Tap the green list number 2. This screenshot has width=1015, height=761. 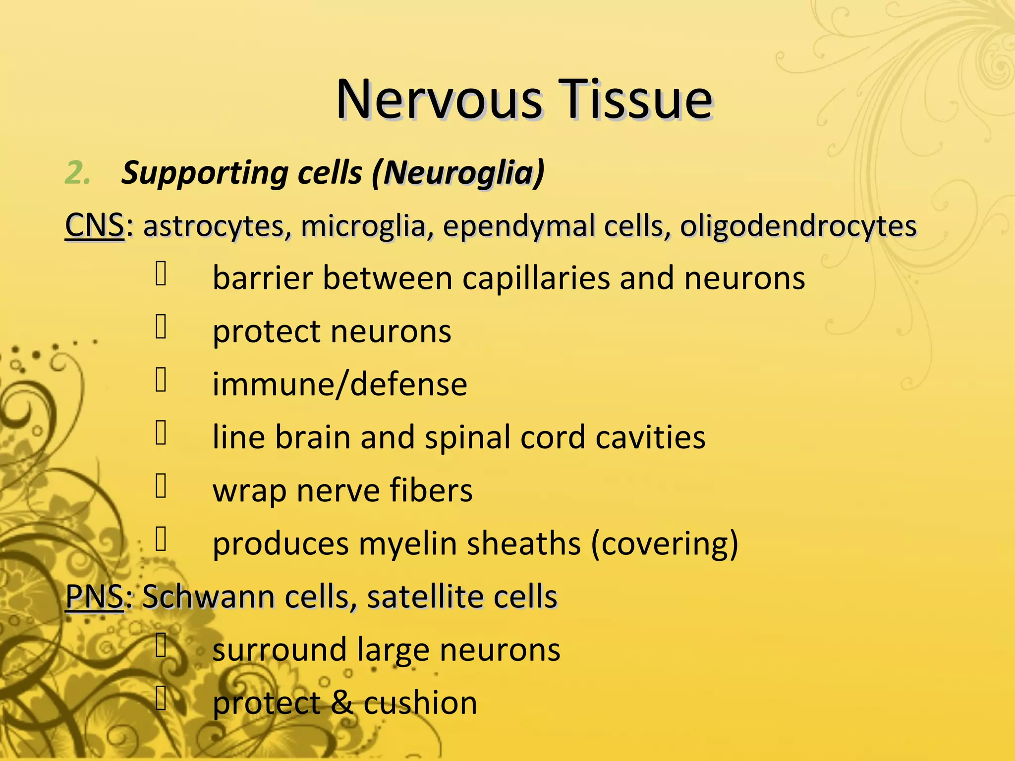[x=77, y=173]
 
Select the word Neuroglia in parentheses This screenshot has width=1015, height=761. [x=459, y=173]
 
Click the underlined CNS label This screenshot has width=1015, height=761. [x=94, y=226]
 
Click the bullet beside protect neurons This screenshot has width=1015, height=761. [x=161, y=327]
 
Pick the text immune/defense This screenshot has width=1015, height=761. [x=339, y=384]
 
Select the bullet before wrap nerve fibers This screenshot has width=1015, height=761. [x=161, y=486]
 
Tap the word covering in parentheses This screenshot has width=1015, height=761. [x=664, y=544]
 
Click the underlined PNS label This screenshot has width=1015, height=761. [x=94, y=597]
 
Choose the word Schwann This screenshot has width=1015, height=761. [x=208, y=597]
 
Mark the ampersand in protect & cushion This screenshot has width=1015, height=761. [x=342, y=704]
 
